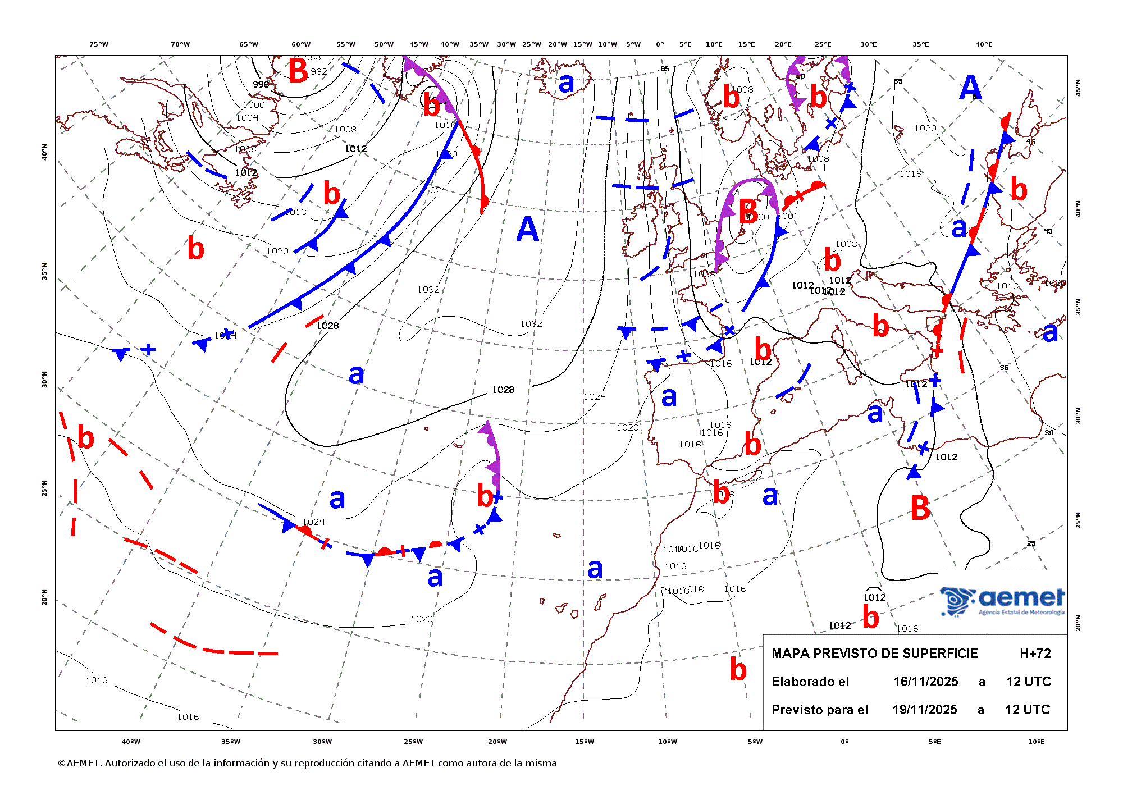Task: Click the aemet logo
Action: [1003, 601]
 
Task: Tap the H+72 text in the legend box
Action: [1035, 654]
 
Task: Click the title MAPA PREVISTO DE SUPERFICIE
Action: [874, 654]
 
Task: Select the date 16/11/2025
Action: [925, 682]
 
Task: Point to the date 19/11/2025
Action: [924, 710]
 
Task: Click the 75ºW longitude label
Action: [99, 44]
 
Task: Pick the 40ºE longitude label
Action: [983, 44]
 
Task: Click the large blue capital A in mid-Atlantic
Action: [527, 230]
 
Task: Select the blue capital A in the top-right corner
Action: [970, 88]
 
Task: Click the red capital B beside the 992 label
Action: [298, 71]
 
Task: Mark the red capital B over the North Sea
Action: [748, 212]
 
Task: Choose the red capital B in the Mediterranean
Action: [920, 508]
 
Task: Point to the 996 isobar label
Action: [261, 84]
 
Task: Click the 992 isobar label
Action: [319, 72]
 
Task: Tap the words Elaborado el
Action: [810, 682]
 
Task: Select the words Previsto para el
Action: [819, 710]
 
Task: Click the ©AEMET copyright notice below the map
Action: [307, 763]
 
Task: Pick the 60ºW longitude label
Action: [301, 44]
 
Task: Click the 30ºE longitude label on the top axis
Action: [868, 44]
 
